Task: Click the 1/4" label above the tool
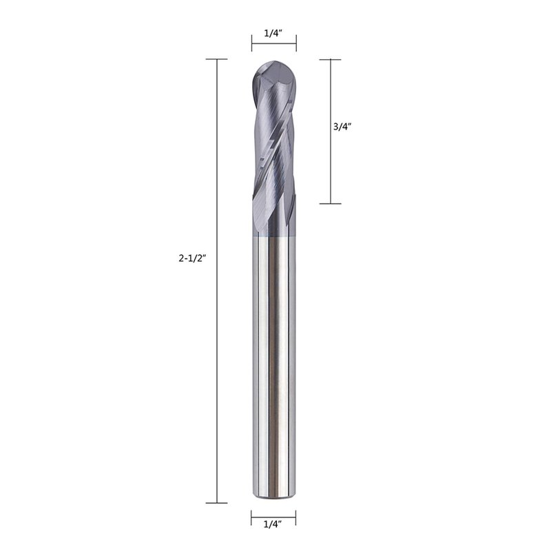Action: [273, 33]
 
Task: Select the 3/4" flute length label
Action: [342, 127]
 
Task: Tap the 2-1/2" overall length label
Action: [192, 259]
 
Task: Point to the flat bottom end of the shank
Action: [273, 497]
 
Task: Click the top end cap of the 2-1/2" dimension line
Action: [216, 59]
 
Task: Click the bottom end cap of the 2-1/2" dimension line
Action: [216, 503]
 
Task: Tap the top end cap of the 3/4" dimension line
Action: [331, 59]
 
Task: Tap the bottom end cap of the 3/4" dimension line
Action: [331, 203]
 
